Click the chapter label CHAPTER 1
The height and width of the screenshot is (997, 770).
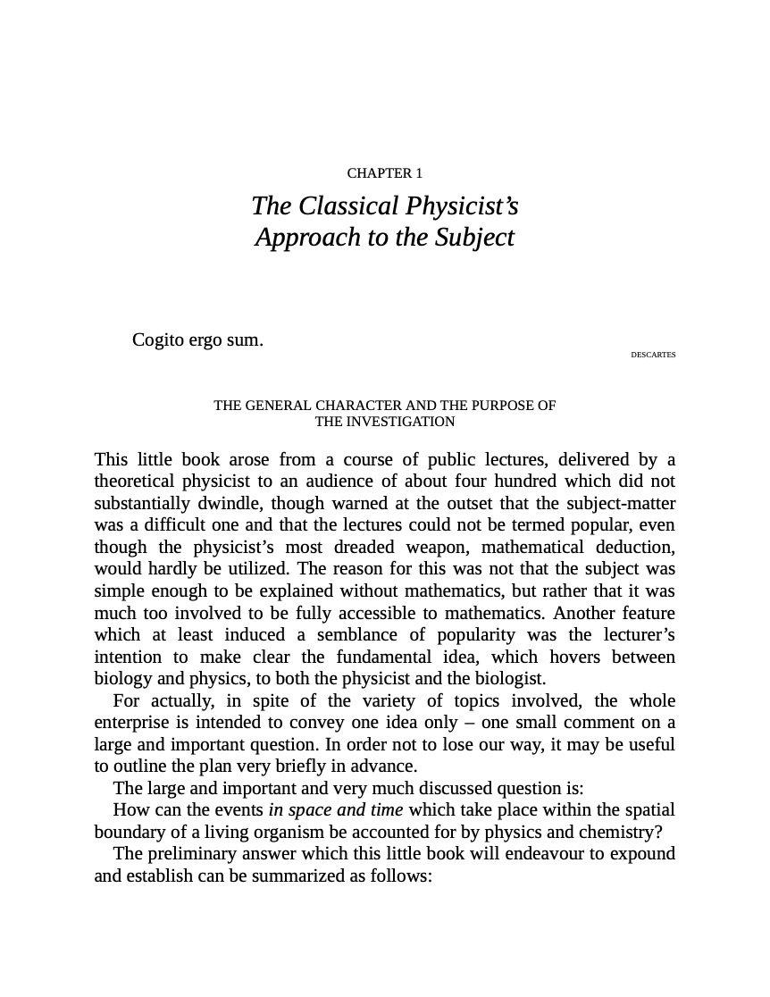click(384, 173)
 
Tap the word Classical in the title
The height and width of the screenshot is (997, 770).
click(347, 206)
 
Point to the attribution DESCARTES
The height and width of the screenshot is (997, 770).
click(653, 355)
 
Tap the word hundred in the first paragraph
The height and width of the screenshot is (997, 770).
click(529, 482)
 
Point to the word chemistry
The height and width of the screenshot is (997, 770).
click(620, 832)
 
